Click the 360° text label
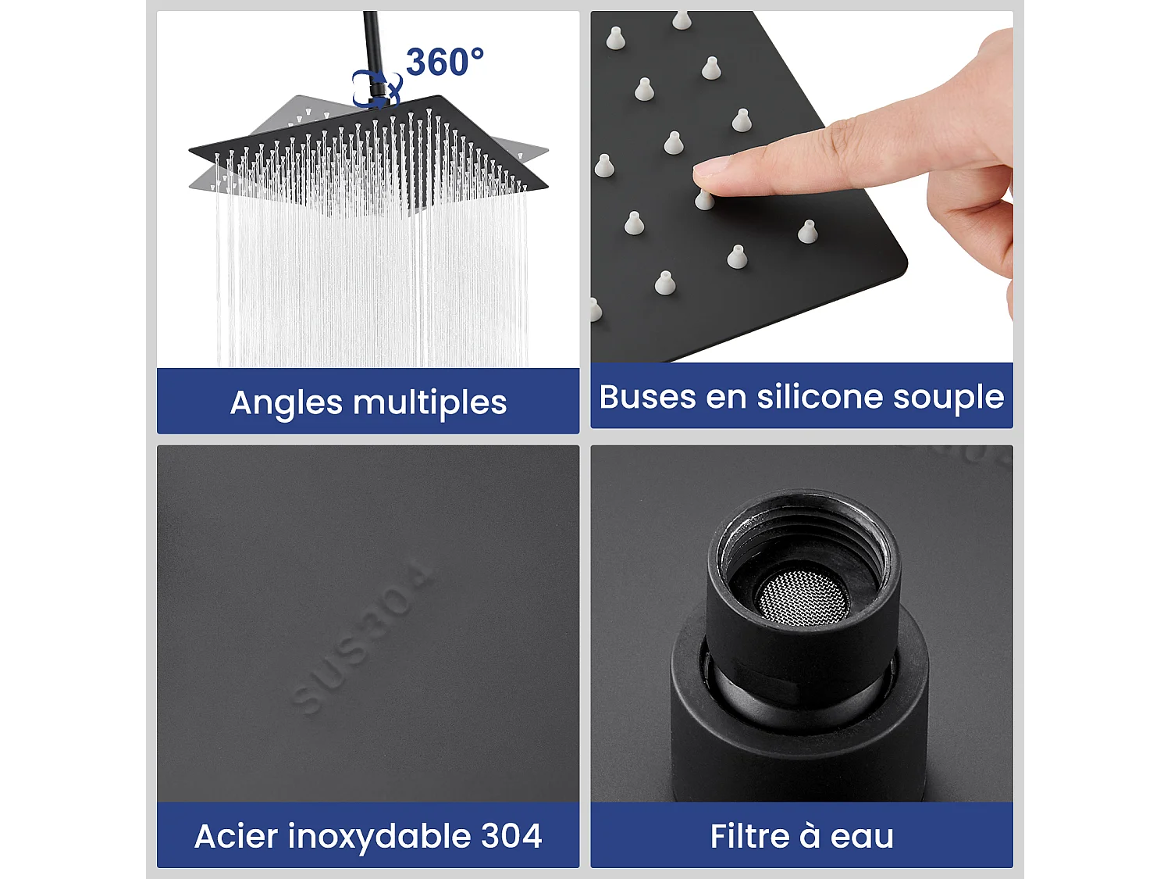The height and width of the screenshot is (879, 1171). pyautogui.click(x=444, y=62)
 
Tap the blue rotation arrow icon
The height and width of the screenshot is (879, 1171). pyautogui.click(x=376, y=88)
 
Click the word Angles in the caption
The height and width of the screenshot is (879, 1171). pyautogui.click(x=286, y=403)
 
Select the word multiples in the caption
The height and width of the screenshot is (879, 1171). pyautogui.click(x=429, y=403)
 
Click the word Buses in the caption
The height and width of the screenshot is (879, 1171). pyautogui.click(x=646, y=397)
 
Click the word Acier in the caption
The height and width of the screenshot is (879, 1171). pyautogui.click(x=236, y=836)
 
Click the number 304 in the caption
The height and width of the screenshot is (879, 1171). pyautogui.click(x=511, y=836)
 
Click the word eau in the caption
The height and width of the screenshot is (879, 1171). pyautogui.click(x=862, y=837)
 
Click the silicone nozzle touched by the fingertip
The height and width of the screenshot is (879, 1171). pyautogui.click(x=704, y=200)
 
